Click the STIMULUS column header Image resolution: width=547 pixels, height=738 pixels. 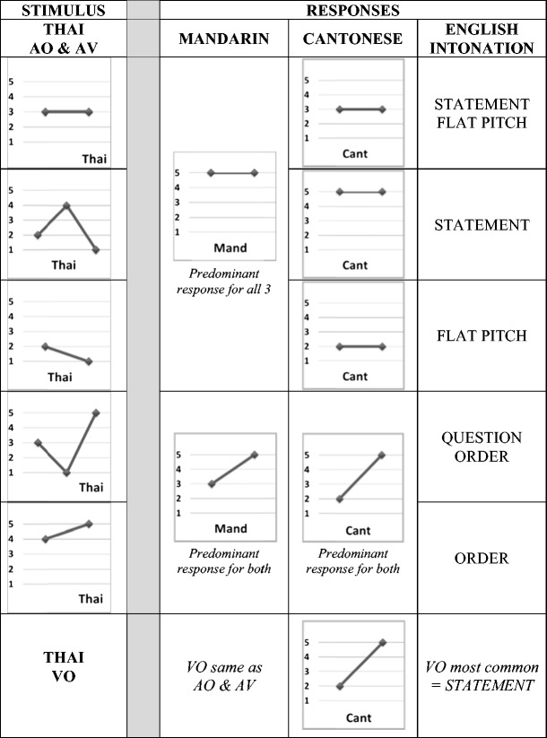pyautogui.click(x=63, y=11)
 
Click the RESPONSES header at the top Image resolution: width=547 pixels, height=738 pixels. pyautogui.click(x=352, y=11)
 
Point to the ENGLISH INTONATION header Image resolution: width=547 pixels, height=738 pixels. pyautogui.click(x=482, y=39)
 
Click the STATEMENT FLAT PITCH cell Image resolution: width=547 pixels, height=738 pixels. pyautogui.click(x=482, y=112)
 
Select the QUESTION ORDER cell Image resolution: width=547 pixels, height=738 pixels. pyautogui.click(x=482, y=447)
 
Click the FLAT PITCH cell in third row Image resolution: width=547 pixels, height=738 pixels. pyautogui.click(x=482, y=335)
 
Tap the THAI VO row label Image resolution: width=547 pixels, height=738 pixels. pyautogui.click(x=63, y=666)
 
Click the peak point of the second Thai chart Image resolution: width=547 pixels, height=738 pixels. pyautogui.click(x=66, y=205)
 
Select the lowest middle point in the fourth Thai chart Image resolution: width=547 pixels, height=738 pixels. pyautogui.click(x=66, y=473)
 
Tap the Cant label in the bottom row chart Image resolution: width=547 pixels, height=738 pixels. pyautogui.click(x=355, y=717)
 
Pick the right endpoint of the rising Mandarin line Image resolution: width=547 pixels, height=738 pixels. pyautogui.click(x=255, y=455)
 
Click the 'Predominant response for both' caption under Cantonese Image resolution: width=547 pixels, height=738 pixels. pyautogui.click(x=353, y=562)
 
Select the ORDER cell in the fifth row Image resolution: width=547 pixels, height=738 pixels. pyautogui.click(x=482, y=558)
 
